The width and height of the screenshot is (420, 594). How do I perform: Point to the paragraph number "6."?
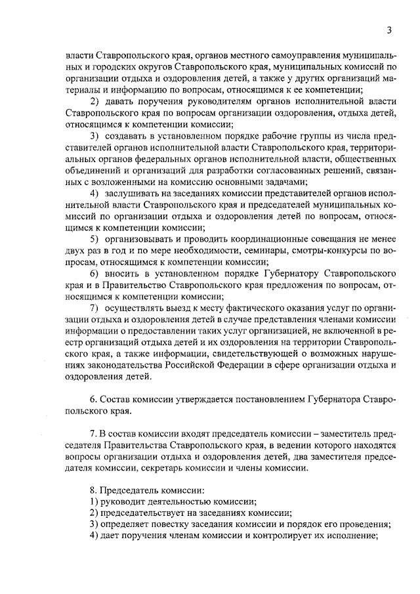(x=93, y=400)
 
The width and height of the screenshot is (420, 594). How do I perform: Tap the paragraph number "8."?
(x=93, y=490)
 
